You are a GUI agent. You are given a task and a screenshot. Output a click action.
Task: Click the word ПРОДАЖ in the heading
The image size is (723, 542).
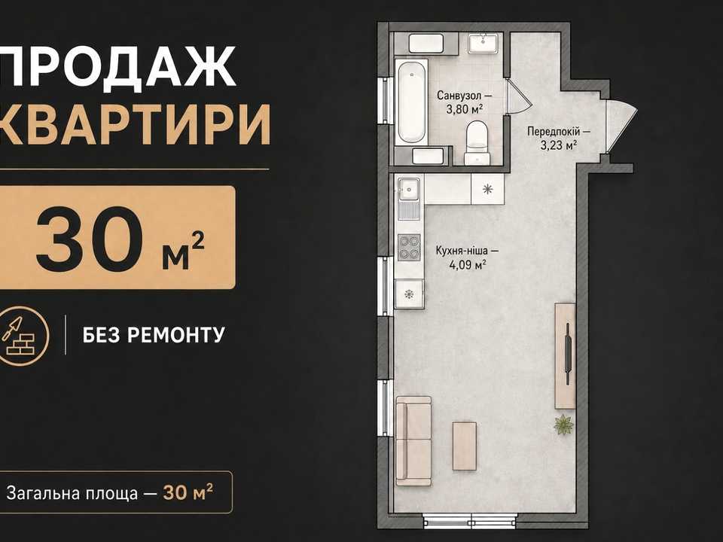[x=118, y=66]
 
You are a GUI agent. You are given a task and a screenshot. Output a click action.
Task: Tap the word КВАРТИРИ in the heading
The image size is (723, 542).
[x=135, y=123]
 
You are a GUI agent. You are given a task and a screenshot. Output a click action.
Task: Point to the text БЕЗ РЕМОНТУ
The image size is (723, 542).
[x=154, y=335]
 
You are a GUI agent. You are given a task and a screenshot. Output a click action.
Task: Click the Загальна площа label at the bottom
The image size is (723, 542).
[x=72, y=493]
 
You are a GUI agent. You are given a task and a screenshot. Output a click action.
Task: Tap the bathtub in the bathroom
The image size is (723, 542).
[x=412, y=102]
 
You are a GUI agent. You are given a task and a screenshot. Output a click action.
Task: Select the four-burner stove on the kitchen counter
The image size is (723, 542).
[x=409, y=247]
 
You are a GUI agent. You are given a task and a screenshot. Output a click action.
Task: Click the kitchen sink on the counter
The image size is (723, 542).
[x=409, y=188]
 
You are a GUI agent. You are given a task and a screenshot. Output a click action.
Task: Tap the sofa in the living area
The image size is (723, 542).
[x=413, y=441]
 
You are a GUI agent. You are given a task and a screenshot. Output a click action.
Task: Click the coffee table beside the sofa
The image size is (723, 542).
[x=465, y=446]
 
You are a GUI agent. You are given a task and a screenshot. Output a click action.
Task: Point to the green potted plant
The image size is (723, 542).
[x=563, y=424]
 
